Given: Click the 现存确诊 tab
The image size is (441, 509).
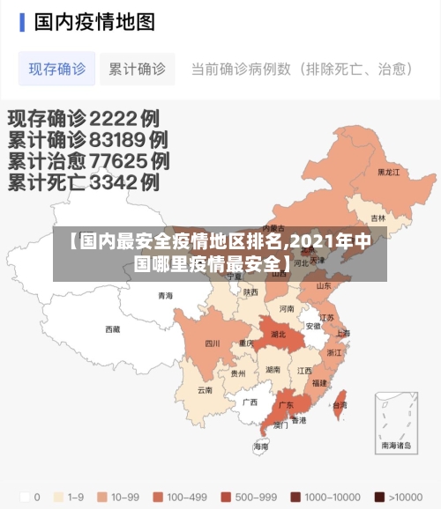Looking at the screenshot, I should click(57, 69).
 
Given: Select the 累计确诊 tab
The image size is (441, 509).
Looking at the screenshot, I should click(137, 69).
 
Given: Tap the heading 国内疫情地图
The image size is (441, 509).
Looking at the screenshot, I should click(94, 21).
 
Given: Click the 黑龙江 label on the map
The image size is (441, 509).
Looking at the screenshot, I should click(389, 172).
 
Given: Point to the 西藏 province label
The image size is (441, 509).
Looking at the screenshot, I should click(113, 329).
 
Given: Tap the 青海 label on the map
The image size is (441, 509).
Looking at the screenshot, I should click(166, 296).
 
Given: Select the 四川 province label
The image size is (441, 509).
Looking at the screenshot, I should click(213, 343).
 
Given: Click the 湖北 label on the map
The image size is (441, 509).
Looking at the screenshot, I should click(279, 335).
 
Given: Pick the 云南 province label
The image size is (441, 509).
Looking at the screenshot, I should click(206, 390).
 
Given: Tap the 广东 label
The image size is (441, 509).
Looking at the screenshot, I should click(286, 406).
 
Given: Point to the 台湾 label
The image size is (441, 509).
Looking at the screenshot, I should click(340, 405).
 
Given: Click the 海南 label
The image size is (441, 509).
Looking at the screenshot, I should click(261, 446).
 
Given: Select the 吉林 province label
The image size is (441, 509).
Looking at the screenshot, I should click(378, 218).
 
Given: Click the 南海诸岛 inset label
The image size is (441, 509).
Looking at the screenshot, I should click(396, 446).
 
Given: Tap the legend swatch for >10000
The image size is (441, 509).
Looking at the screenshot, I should click(379, 496).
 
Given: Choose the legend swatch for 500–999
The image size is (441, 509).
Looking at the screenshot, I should click(227, 496).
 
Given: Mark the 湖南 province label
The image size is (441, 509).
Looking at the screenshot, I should click(273, 371).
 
